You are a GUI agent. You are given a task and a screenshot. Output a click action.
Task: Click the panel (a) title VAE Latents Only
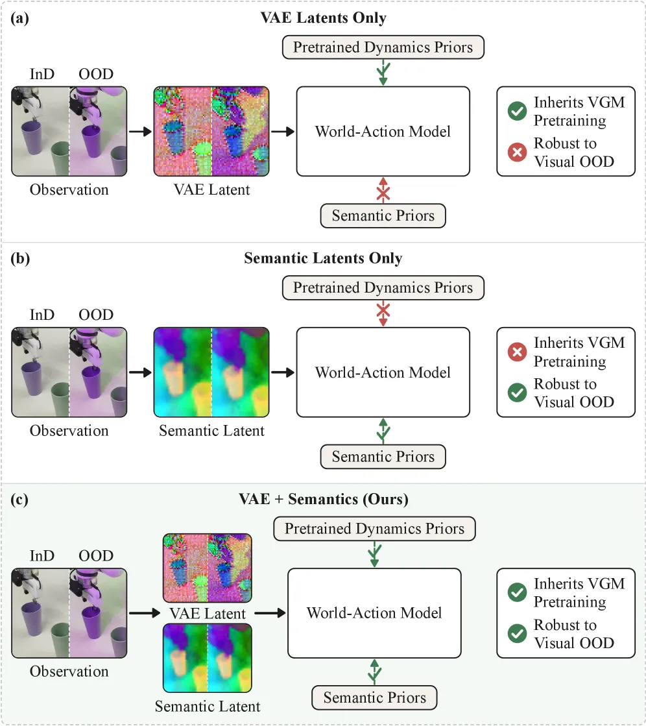323,18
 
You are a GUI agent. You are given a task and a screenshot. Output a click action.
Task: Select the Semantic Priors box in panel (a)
383,216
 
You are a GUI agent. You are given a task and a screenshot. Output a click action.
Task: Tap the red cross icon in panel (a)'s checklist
517,152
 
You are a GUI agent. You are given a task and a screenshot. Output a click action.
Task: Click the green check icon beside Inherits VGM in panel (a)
517,111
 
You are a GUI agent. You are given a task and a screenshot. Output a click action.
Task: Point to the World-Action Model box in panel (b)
383,372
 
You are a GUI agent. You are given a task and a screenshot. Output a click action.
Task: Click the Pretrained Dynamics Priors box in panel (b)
383,287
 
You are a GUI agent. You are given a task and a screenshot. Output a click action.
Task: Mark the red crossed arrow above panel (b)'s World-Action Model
383,314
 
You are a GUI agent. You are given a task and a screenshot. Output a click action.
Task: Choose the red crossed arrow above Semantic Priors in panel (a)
383,190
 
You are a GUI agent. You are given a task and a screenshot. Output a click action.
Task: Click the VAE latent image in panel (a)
211,132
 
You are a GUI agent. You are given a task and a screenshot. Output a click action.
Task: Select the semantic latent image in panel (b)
211,372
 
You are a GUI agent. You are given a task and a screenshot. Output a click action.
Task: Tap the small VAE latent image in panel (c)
208,568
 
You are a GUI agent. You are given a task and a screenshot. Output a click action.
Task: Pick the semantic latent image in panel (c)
208,658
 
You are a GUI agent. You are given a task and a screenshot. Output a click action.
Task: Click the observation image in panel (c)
69,613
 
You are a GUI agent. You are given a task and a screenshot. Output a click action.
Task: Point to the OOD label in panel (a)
96,74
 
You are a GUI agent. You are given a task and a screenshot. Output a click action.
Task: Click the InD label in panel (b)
42,315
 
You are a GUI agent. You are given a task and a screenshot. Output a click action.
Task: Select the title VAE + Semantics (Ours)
324,499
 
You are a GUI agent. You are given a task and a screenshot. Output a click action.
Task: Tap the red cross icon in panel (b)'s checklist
517,352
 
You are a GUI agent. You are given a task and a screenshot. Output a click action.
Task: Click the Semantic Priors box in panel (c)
374,697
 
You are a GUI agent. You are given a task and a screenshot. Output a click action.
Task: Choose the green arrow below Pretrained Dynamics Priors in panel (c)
374,554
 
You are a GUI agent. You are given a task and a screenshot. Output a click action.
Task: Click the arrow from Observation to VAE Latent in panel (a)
141,132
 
